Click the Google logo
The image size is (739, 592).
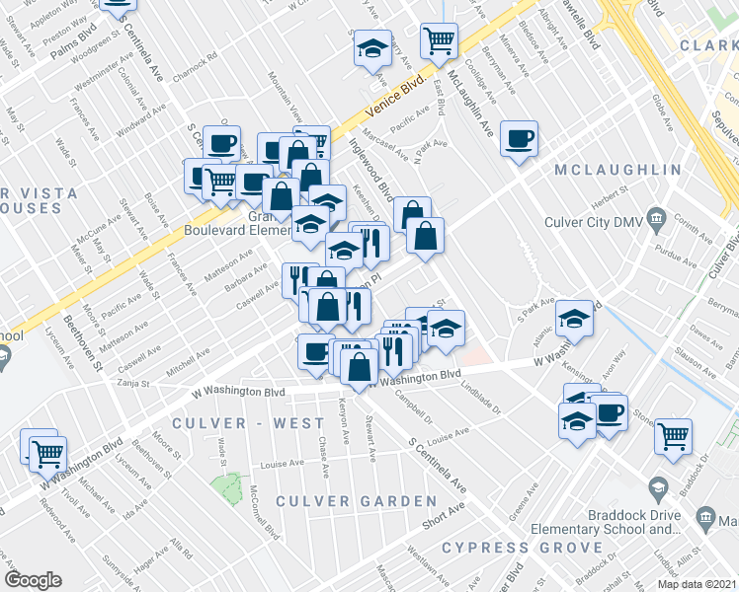(34, 580)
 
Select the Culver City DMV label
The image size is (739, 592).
(593, 221)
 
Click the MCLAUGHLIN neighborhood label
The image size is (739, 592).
(617, 170)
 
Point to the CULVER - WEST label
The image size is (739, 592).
(234, 423)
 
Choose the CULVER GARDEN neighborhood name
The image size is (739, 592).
(342, 501)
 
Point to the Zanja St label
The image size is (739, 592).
(131, 384)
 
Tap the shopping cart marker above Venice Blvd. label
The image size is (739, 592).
(439, 41)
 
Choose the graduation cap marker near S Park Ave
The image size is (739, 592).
(573, 318)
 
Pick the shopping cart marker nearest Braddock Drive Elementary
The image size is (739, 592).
(673, 435)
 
